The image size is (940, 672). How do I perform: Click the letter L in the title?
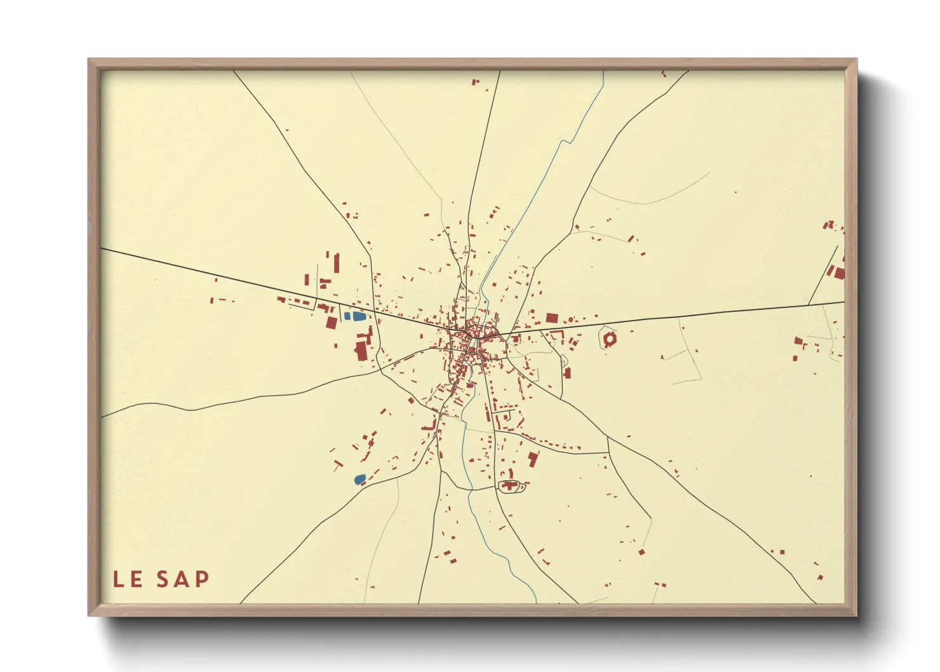pyautogui.click(x=119, y=579)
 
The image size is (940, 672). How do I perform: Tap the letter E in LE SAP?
pyautogui.click(x=137, y=579)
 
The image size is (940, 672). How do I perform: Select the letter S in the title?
pyautogui.click(x=164, y=579)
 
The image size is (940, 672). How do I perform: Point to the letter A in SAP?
pyautogui.click(x=183, y=579)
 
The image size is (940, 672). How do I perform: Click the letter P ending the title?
pyautogui.click(x=202, y=579)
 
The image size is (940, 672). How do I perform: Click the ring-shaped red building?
pyautogui.click(x=609, y=339)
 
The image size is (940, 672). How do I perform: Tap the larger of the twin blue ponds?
pyautogui.click(x=359, y=316)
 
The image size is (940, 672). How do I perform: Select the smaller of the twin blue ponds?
pyautogui.click(x=347, y=315)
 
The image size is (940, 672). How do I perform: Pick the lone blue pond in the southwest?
pyautogui.click(x=359, y=479)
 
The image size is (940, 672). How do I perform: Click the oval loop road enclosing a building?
pyautogui.click(x=510, y=487)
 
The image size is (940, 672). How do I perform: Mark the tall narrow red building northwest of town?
pyautogui.click(x=337, y=263)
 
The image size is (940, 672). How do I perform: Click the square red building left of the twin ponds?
pyautogui.click(x=331, y=322)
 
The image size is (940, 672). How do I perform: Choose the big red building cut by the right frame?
pyautogui.click(x=840, y=273)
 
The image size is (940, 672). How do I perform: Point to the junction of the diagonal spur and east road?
pyautogui.click(x=809, y=305)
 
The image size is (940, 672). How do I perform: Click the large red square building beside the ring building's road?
pyautogui.click(x=551, y=318)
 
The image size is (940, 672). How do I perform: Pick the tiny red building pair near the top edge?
pyautogui.click(x=475, y=82)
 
